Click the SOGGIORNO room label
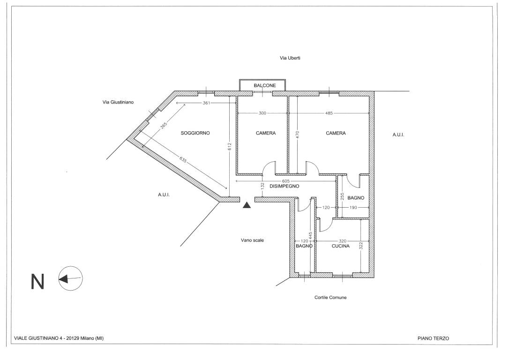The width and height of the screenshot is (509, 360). tap(195, 133)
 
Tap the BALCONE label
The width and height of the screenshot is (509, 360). tap(264, 85)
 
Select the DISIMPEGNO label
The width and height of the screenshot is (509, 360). tap(284, 187)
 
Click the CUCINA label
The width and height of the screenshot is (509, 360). tap(341, 246)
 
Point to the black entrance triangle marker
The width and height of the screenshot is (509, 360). tap(247, 205)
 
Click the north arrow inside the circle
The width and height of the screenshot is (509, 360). tap(70, 278)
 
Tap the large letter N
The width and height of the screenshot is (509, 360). tap(37, 282)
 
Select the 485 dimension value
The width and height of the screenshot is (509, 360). tap(329, 113)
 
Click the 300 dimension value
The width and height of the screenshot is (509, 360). tap(262, 113)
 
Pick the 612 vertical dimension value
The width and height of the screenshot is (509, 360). tap(230, 147)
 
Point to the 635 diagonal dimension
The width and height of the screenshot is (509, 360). tap(183, 160)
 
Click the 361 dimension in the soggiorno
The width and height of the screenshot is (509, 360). tap(206, 103)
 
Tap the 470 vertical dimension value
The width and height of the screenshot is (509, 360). tap(297, 135)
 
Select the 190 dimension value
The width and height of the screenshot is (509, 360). tap(353, 208)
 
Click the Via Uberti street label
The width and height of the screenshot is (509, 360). tap(290, 58)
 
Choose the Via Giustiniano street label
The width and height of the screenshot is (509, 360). tap(118, 102)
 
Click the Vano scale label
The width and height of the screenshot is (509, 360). tap(252, 240)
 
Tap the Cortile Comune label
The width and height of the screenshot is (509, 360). tap(330, 297)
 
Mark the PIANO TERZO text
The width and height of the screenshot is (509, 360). tap(433, 338)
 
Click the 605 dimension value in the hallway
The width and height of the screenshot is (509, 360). tap(285, 181)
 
